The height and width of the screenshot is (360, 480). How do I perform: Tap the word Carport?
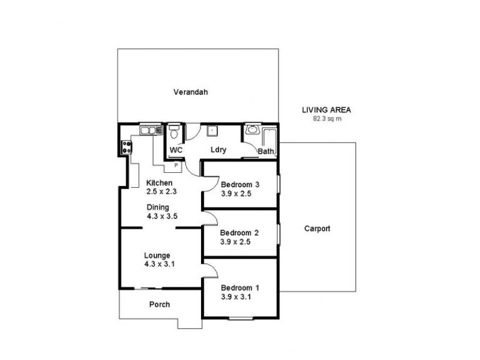[x=317, y=229]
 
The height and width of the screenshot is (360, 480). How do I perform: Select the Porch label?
[x=159, y=304]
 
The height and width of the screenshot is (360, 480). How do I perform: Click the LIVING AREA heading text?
[x=326, y=110]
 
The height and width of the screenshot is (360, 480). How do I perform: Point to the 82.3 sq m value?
[x=326, y=118]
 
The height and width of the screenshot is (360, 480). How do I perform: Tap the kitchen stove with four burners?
[x=127, y=148]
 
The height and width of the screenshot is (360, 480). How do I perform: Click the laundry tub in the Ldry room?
[x=212, y=131]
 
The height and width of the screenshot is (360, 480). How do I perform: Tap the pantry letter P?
[x=176, y=164]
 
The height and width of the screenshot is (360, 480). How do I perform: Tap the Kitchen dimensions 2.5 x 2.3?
[x=160, y=191]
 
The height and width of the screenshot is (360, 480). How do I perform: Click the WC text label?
[x=176, y=150]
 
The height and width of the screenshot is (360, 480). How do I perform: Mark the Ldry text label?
[x=217, y=150]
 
